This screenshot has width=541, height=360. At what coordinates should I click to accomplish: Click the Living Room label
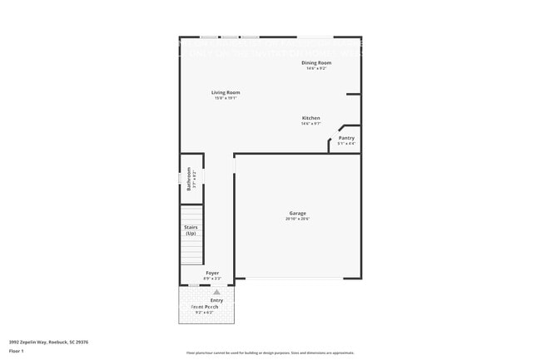(225, 92)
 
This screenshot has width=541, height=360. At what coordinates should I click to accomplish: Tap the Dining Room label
(316, 62)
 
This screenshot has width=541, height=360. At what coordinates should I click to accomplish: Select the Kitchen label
(310, 118)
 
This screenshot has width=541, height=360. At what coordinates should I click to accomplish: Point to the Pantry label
(346, 138)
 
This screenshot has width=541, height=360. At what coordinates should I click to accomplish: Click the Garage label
(297, 213)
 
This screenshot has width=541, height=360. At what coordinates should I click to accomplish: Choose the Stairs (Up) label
(191, 231)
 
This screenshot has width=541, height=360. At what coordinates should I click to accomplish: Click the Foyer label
(213, 273)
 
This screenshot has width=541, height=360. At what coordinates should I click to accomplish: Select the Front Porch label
(205, 307)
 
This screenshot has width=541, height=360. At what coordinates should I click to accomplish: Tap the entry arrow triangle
(216, 293)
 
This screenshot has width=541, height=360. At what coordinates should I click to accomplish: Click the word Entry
(216, 300)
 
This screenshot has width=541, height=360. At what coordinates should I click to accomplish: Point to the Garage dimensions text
(297, 219)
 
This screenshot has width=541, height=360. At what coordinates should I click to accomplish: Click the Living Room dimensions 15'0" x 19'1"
(225, 98)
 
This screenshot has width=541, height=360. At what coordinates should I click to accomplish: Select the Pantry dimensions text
(346, 144)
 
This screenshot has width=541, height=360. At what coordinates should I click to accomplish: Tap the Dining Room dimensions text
(316, 68)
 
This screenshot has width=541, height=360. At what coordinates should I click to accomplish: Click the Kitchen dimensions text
(310, 124)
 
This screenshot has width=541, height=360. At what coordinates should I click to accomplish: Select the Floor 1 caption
(17, 351)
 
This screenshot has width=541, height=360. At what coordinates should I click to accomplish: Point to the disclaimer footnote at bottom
(270, 353)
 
